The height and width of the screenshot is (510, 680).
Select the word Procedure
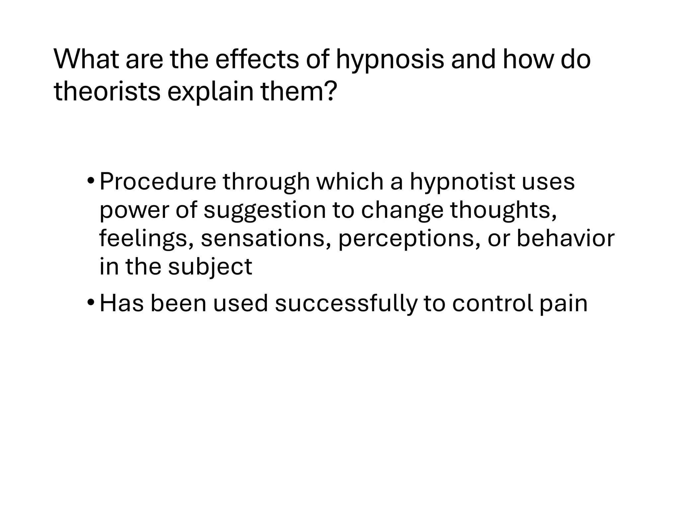tap(158, 182)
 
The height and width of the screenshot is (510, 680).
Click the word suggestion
tap(265, 211)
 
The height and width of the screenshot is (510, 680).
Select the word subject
tap(210, 267)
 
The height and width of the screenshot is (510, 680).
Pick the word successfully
tap(346, 304)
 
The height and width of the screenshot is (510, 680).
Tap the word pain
tap(563, 304)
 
